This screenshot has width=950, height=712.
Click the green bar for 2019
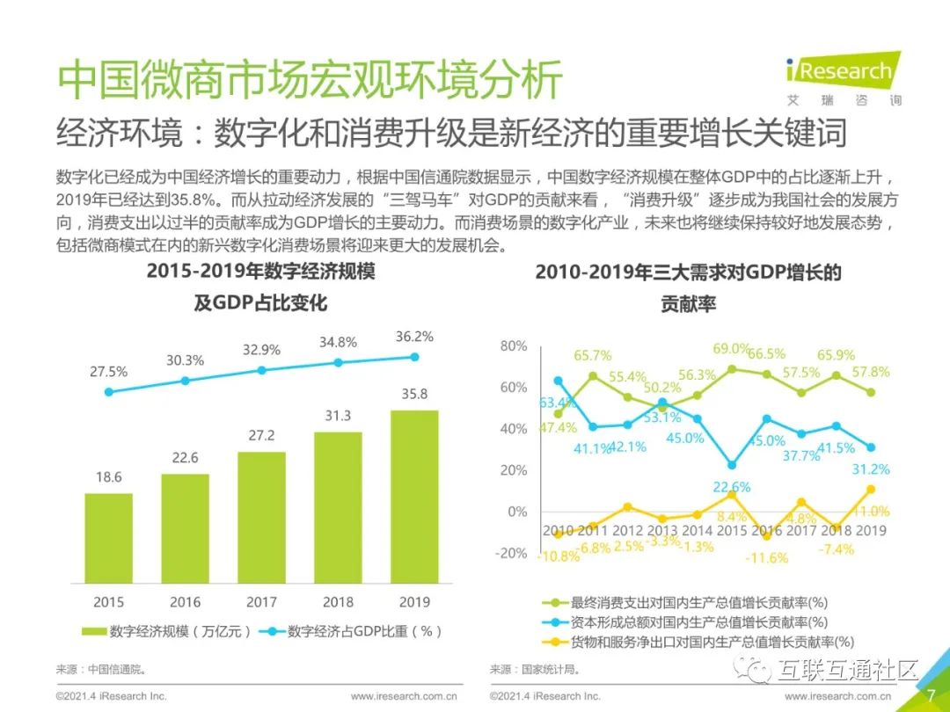(x=414, y=497)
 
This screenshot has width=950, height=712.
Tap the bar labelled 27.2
(x=261, y=518)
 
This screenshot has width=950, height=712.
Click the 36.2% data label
(x=413, y=336)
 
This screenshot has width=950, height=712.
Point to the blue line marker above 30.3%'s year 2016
(x=185, y=381)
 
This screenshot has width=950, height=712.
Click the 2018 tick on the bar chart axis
(x=338, y=602)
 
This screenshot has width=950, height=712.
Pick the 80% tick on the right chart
(x=513, y=345)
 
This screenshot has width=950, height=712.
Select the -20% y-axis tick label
(x=510, y=553)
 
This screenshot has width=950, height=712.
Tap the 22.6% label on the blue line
(x=731, y=487)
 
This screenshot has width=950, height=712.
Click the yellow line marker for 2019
(x=870, y=489)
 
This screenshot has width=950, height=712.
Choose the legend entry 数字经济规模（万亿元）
(x=168, y=631)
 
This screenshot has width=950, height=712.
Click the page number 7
(x=930, y=694)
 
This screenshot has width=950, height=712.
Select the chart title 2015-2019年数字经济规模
(x=260, y=272)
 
